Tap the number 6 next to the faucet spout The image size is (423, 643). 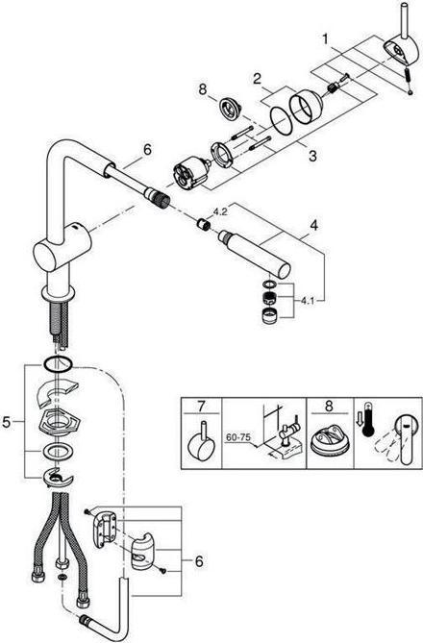pyautogui.click(x=147, y=150)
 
